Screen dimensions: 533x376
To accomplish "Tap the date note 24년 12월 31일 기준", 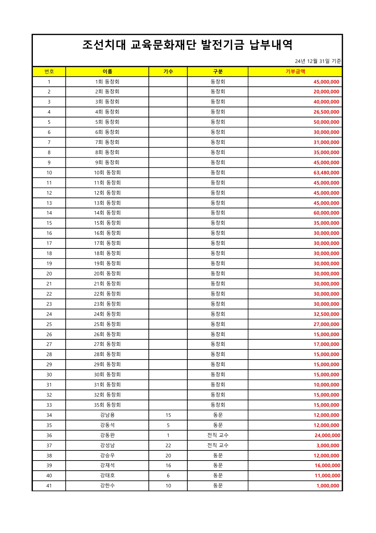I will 318,61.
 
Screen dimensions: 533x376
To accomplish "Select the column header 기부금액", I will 295,72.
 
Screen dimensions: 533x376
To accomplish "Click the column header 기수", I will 168,72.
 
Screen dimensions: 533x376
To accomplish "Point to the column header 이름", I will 107,72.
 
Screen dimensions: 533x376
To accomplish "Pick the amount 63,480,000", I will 326,173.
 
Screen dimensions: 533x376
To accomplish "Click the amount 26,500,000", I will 326,112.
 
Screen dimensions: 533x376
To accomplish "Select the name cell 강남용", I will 107,415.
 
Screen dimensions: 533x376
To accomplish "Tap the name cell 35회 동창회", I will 107,405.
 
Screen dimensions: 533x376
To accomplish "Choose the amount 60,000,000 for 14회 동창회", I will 326,213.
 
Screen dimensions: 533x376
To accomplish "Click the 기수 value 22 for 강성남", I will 168,445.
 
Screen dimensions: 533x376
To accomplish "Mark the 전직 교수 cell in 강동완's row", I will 218,435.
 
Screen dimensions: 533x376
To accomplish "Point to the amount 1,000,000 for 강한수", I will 328,486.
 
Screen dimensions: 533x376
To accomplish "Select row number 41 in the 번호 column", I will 49,486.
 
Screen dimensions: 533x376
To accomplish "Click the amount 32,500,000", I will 326,314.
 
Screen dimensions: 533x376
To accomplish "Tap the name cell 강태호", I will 107,476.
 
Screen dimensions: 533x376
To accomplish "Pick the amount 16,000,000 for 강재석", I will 327,466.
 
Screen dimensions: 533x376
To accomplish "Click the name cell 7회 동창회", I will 107,142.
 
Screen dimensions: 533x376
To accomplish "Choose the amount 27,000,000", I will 326,324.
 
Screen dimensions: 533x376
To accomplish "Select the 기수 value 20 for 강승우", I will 168,456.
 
